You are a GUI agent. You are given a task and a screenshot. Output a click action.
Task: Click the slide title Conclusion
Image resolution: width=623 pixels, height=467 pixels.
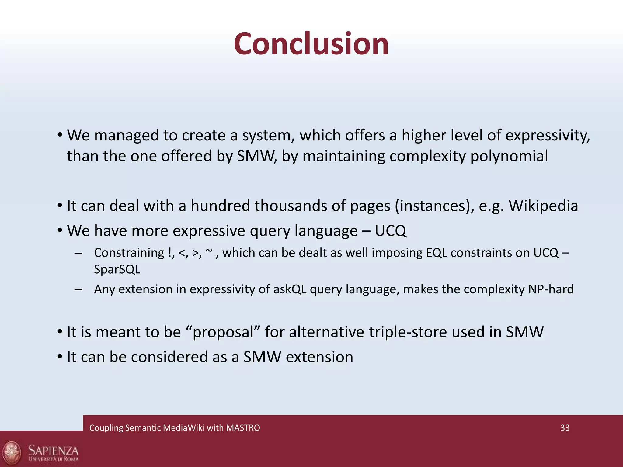[311, 44]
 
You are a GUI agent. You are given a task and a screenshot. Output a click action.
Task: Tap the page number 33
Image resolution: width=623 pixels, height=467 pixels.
[565, 428]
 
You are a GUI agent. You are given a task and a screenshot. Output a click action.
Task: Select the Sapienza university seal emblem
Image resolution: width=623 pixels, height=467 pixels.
[12, 452]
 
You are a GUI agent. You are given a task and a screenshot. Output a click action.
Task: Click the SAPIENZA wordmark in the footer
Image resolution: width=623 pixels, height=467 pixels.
[53, 450]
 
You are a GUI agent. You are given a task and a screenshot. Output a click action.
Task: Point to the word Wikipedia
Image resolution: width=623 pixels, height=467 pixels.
[543, 206]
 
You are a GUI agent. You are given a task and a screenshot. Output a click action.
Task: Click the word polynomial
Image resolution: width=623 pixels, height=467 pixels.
[509, 156]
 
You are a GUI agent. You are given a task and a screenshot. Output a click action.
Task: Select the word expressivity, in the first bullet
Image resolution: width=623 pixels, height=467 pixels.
[548, 136]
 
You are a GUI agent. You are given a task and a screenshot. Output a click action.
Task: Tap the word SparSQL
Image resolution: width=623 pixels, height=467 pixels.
[117, 269]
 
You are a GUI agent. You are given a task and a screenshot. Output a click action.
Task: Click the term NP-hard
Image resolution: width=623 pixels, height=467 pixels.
[551, 289]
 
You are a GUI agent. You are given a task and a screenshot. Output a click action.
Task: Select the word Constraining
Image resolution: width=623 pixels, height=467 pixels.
[129, 253]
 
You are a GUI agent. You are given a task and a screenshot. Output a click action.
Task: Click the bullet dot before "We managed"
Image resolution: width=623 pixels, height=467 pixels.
[60, 134]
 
